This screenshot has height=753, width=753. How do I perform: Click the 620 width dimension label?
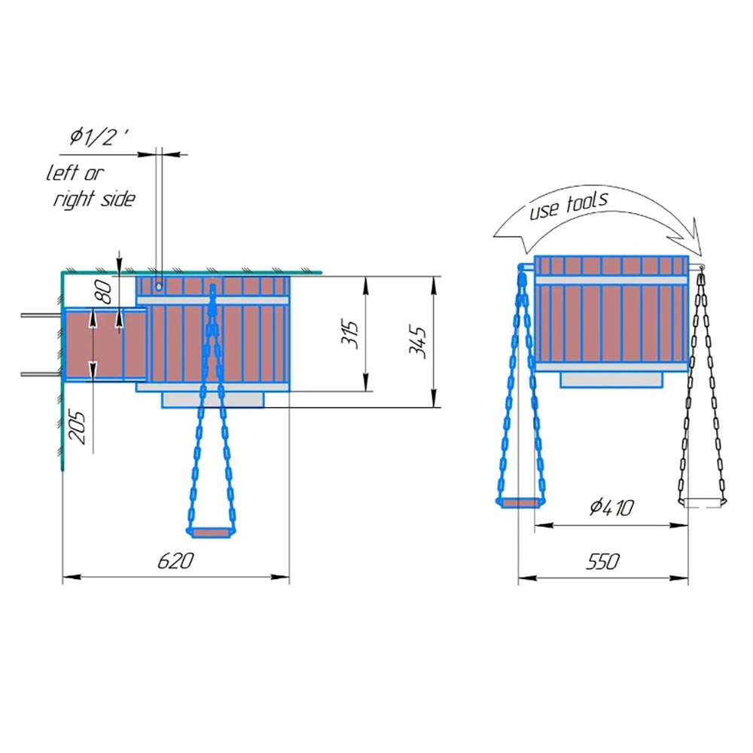(175, 560)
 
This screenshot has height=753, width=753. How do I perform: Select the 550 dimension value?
(602, 561)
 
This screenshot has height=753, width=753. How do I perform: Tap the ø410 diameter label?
(611, 507)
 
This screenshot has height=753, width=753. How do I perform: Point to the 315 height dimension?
(350, 334)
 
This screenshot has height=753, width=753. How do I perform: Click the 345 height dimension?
(418, 343)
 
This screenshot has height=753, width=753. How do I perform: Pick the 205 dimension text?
(78, 427)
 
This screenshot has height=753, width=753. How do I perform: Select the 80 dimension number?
(104, 291)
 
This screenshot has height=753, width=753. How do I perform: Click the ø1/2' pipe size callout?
(99, 137)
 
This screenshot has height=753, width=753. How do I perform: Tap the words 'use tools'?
(569, 205)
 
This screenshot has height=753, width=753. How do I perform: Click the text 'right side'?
(94, 199)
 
